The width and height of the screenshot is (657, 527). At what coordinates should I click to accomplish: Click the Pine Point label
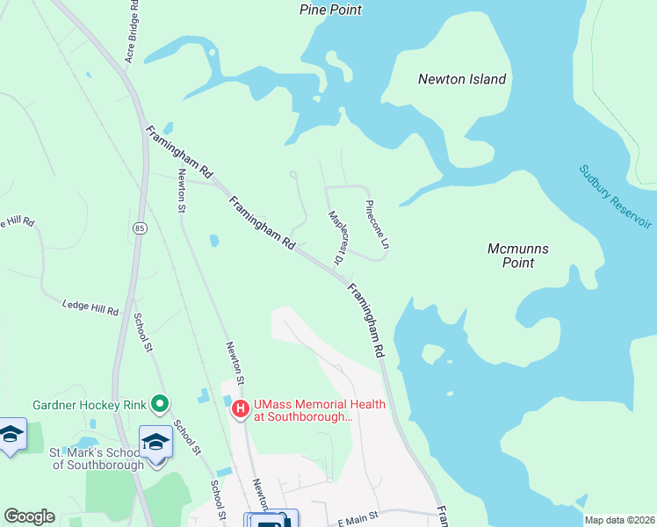point(330,10)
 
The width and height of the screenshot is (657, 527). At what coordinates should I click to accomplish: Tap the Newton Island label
point(462,79)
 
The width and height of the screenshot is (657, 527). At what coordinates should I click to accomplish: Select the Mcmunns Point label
point(518,256)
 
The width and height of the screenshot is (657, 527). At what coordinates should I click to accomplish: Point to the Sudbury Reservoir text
point(616,197)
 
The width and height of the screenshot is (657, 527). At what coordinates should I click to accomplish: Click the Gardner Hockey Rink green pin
point(159,404)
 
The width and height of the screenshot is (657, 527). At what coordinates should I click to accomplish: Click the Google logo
point(29,516)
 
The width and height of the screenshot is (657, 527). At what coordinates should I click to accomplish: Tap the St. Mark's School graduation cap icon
point(155,441)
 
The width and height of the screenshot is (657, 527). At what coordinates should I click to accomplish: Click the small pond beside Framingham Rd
point(213,240)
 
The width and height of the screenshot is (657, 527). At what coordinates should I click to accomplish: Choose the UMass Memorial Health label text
point(303,411)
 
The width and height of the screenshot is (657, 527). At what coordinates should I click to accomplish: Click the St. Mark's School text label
point(97,458)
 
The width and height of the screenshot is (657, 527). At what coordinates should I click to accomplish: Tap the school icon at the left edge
point(11,435)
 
